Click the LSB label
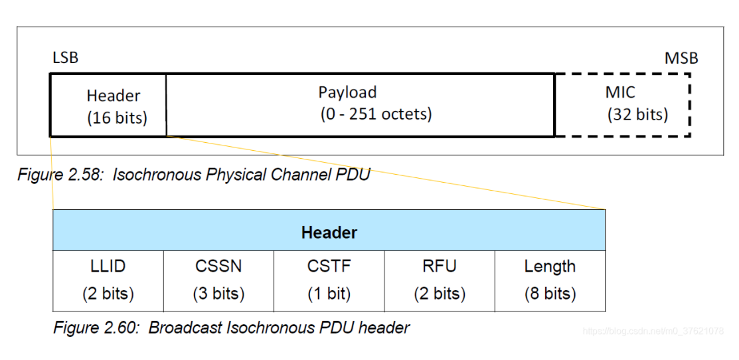(65, 58)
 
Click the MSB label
(681, 58)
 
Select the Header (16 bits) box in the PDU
(108, 106)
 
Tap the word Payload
(347, 92)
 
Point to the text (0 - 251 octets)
(376, 114)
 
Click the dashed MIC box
(622, 105)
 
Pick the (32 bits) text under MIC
(637, 114)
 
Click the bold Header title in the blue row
(329, 232)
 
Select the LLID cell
(108, 280)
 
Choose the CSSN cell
(218, 280)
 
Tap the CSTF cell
(329, 280)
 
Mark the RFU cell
(440, 280)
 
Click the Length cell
(550, 280)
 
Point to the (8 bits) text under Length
(550, 293)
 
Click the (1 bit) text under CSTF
(329, 293)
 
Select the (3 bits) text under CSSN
(218, 293)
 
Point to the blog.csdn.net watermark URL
(653, 331)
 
